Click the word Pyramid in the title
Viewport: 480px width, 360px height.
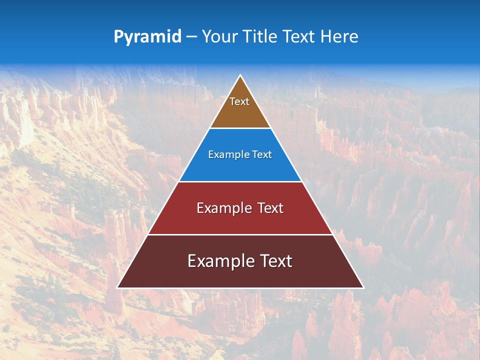[x=147, y=37]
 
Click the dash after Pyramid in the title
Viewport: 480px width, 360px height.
[x=191, y=37]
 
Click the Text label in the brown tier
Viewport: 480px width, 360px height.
[x=239, y=101]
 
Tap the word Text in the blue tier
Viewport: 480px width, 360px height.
[x=262, y=155]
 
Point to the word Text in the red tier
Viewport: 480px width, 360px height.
[x=270, y=208]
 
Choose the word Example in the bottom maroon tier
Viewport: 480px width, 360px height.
[x=219, y=261]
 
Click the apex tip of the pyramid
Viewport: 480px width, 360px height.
[x=240, y=75]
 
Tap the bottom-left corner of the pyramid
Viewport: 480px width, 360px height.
[x=117, y=287]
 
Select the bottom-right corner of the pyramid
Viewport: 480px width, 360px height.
[x=363, y=287]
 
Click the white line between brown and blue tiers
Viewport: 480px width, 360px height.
[x=240, y=128]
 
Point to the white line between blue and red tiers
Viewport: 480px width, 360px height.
[x=240, y=181]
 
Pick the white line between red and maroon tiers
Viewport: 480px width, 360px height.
[x=240, y=234]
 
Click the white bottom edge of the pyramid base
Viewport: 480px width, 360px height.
[x=240, y=288]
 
